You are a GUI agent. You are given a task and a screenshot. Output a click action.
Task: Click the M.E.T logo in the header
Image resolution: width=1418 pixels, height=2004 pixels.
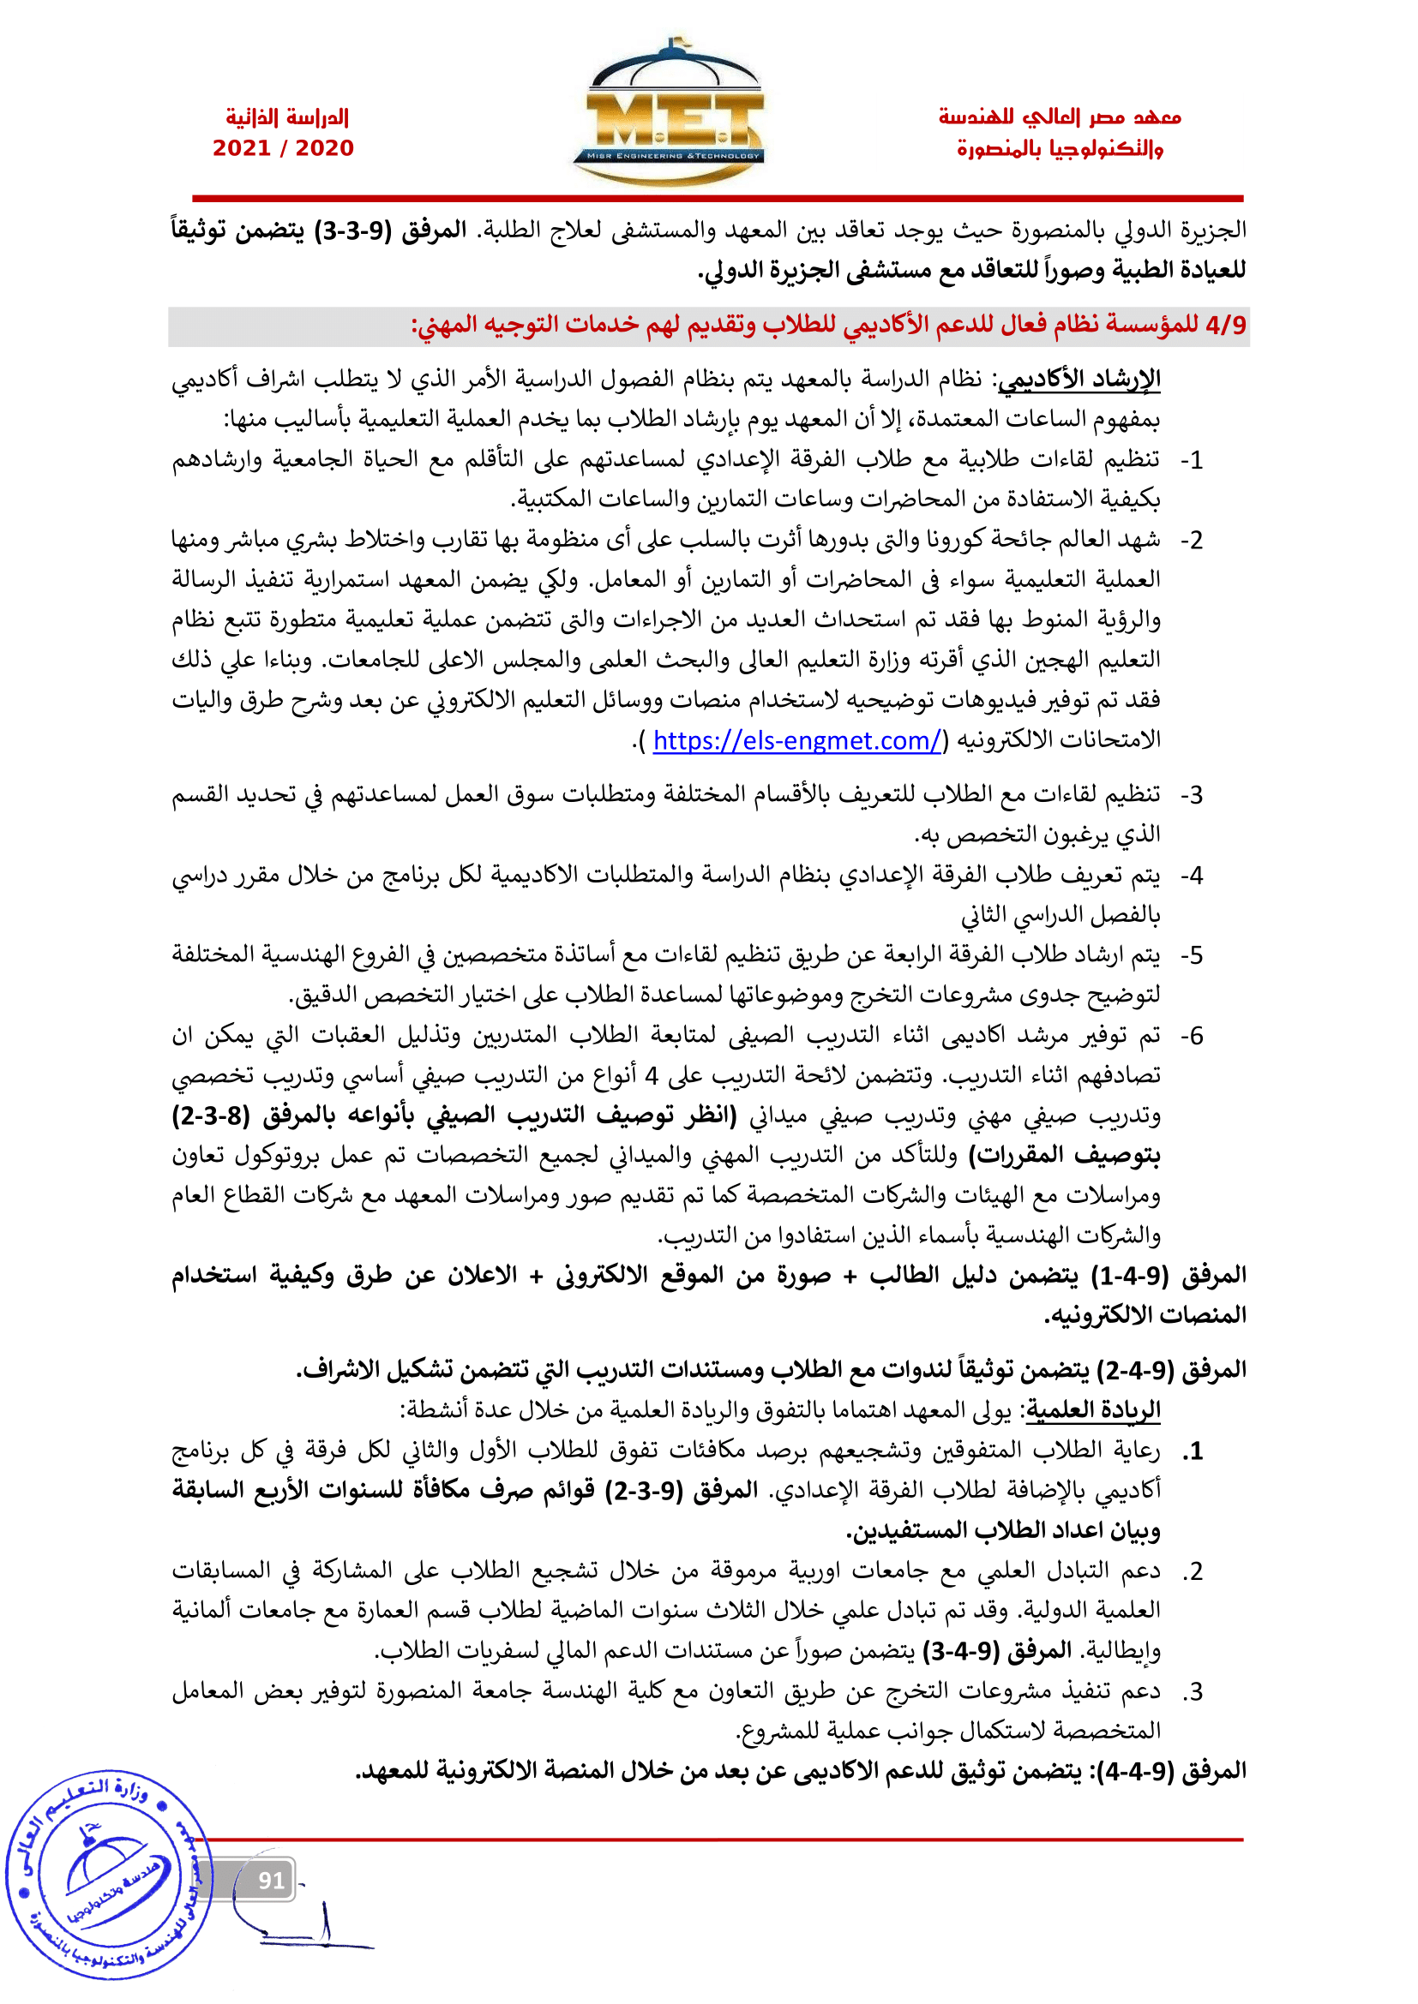point(668,113)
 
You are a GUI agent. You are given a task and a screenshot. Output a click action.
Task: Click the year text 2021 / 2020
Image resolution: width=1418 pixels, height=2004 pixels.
point(283,148)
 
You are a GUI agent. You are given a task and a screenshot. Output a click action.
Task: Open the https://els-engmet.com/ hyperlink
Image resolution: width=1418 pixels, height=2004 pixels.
point(797,741)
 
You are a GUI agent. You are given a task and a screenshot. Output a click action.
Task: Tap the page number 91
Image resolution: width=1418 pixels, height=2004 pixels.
point(272,1880)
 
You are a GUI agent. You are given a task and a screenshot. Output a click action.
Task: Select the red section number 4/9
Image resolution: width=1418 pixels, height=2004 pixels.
point(1225,326)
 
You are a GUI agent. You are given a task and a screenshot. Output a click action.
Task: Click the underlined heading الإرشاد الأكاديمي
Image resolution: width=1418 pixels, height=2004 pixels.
point(1079,380)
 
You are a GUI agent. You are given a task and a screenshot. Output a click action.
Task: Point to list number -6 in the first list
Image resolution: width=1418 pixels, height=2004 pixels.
point(1191,1036)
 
